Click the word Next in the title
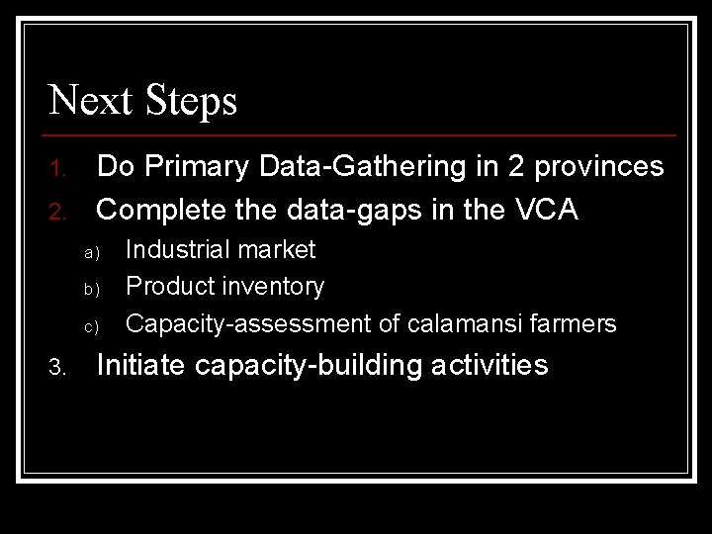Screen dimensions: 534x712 90,100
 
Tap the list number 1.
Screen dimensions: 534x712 57,169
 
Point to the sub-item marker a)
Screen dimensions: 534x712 89,254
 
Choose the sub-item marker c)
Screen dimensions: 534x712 89,327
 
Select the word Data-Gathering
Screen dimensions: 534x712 372,166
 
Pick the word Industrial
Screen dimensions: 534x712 176,249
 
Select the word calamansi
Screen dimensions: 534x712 478,323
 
